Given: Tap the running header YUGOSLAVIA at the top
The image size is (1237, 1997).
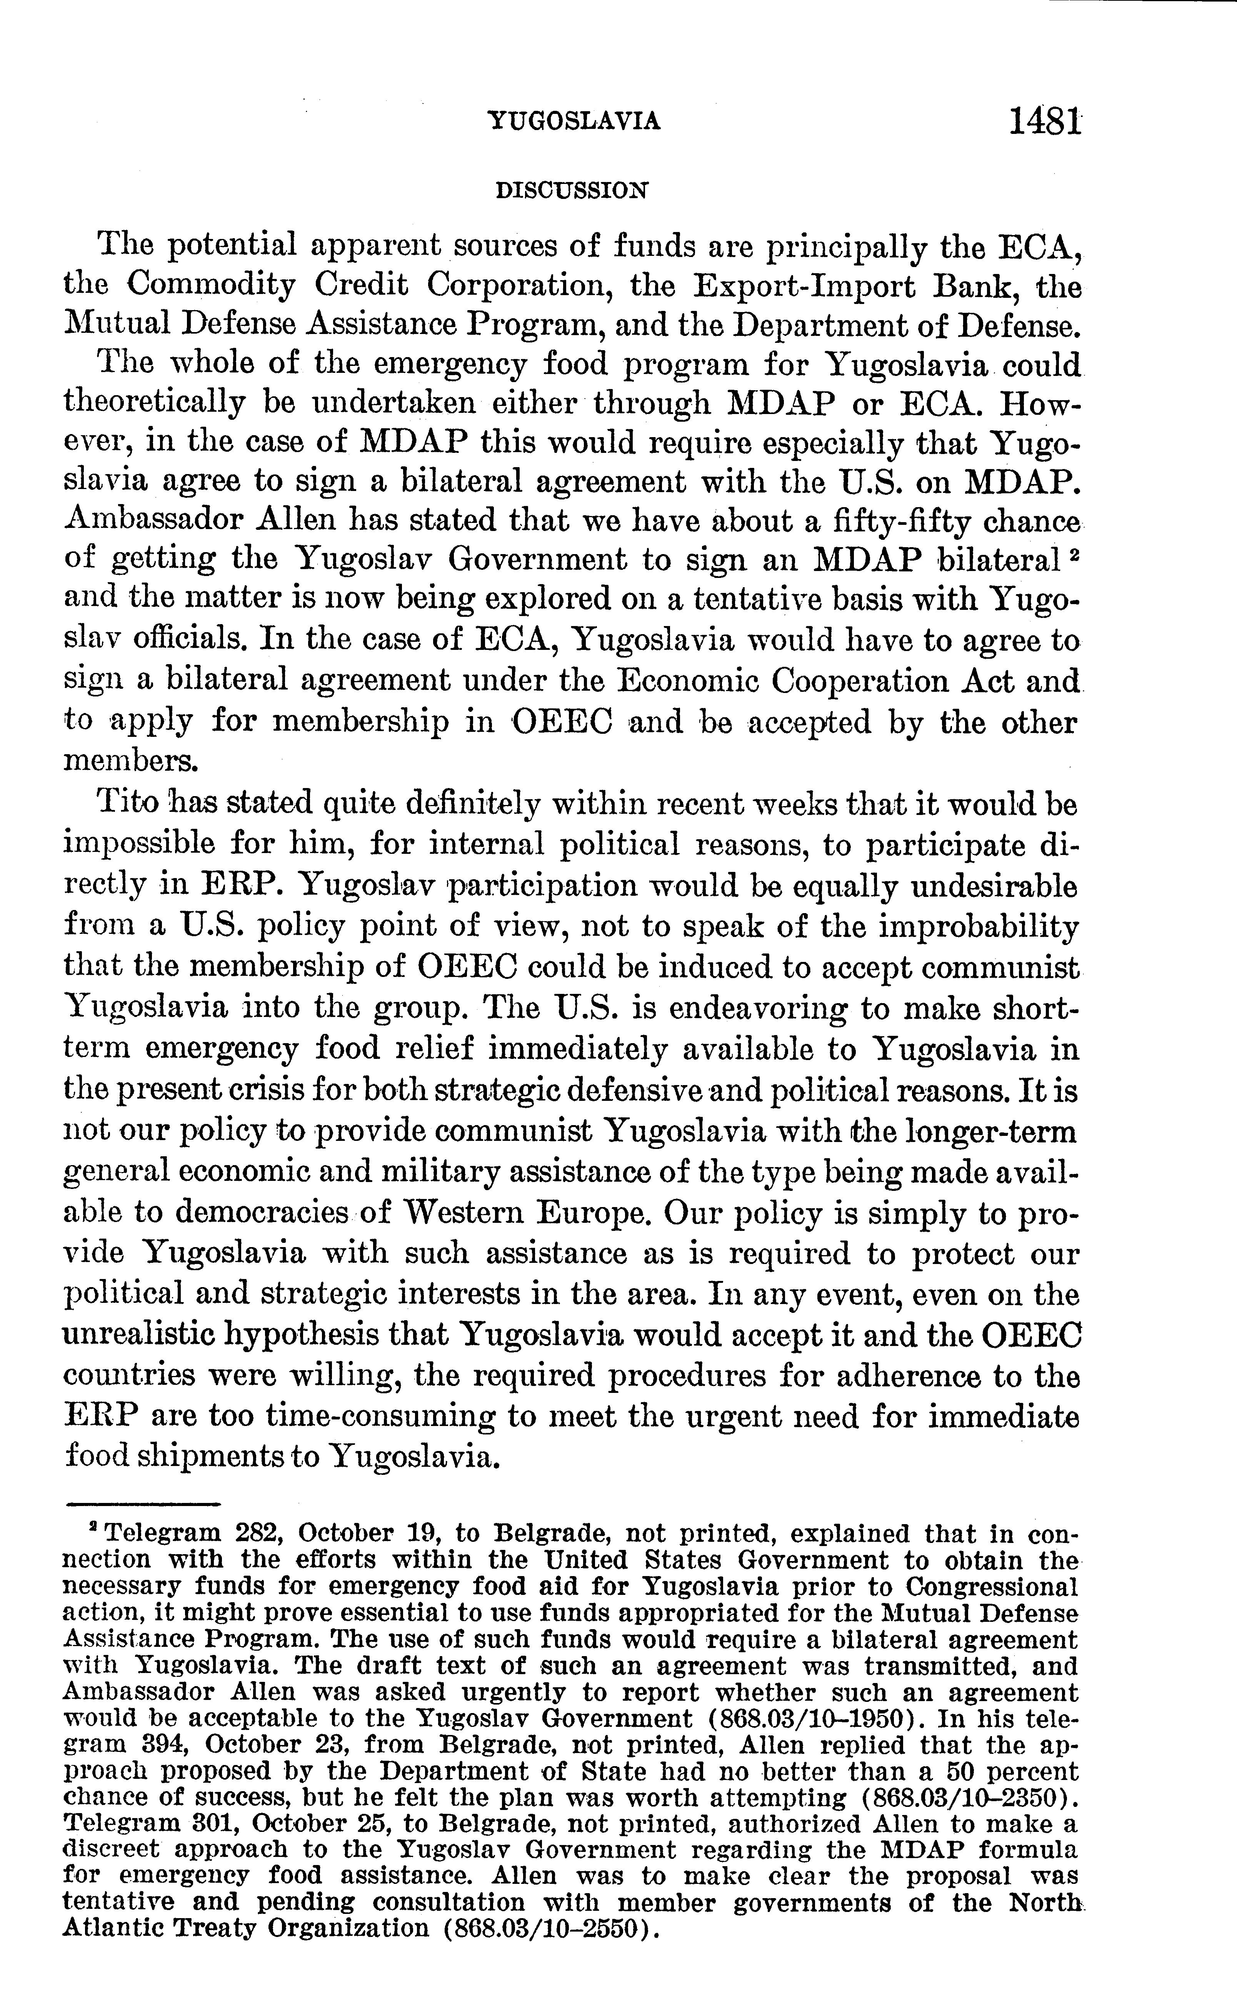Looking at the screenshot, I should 574,121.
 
